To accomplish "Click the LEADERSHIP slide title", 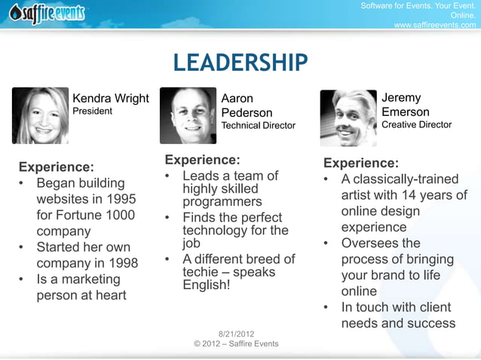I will pyautogui.click(x=240, y=63).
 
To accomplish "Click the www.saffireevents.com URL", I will pyautogui.click(x=435, y=25).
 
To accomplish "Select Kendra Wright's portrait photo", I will pyautogui.click(x=40, y=115).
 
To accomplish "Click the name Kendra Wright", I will pyautogui.click(x=110, y=99).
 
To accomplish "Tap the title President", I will pyautogui.click(x=92, y=111).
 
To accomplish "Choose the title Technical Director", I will pyautogui.click(x=258, y=126).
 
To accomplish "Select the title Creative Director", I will pyautogui.click(x=416, y=125).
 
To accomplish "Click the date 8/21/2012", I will pyautogui.click(x=235, y=334).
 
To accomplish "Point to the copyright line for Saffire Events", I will pyautogui.click(x=236, y=344).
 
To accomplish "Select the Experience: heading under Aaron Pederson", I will pyautogui.click(x=202, y=160).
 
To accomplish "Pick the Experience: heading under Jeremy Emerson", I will pyautogui.click(x=360, y=163).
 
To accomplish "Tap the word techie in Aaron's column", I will pyautogui.click(x=203, y=273).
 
